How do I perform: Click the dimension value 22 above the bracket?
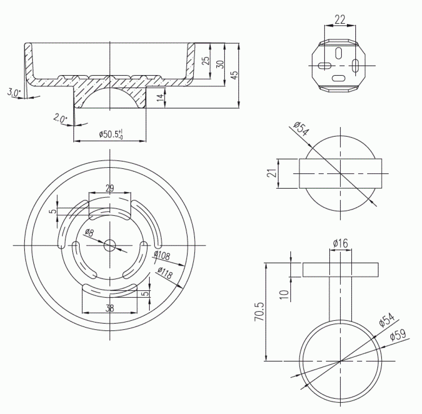click(340, 19)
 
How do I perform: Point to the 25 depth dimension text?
click(206, 61)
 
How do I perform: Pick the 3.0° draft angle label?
click(13, 92)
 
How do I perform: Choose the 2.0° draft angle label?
click(60, 119)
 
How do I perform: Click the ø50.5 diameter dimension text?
click(111, 134)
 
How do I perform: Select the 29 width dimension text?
click(109, 189)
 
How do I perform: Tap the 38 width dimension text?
click(110, 308)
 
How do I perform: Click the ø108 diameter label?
click(162, 257)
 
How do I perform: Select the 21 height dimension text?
click(273, 173)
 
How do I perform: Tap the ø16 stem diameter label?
click(340, 243)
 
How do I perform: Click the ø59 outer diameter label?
click(398, 337)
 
